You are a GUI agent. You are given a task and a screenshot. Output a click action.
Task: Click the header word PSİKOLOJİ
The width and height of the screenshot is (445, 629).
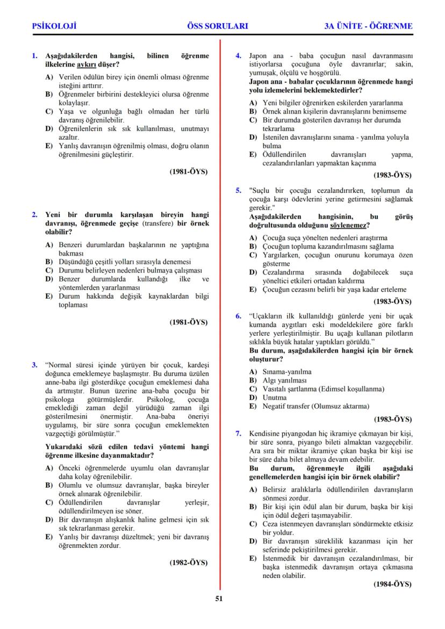tap(54, 26)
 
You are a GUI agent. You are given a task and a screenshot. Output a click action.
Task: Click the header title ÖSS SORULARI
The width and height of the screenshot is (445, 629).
tap(218, 26)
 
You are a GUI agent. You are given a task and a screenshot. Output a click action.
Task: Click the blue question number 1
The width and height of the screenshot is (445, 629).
tap(34, 56)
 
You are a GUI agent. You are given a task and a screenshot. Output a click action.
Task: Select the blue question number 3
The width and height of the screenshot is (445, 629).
tap(34, 365)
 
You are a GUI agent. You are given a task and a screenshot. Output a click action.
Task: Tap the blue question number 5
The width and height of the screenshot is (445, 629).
tap(239, 190)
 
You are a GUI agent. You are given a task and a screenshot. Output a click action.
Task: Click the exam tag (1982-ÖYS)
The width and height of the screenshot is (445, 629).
tap(189, 562)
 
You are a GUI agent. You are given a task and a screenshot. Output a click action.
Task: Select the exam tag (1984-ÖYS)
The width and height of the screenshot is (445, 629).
tap(392, 584)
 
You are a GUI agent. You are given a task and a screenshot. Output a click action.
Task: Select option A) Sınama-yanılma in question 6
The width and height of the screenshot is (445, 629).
tap(280, 372)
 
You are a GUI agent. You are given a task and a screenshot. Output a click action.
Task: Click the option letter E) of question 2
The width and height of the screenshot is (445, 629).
tap(49, 297)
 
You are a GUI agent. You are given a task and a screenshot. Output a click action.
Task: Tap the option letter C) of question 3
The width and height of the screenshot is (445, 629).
tap(49, 503)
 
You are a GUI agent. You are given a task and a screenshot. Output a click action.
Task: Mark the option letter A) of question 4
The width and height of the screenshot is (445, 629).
tap(253, 103)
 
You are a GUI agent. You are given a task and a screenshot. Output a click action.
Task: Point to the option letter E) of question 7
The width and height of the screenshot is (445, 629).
tap(253, 559)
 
